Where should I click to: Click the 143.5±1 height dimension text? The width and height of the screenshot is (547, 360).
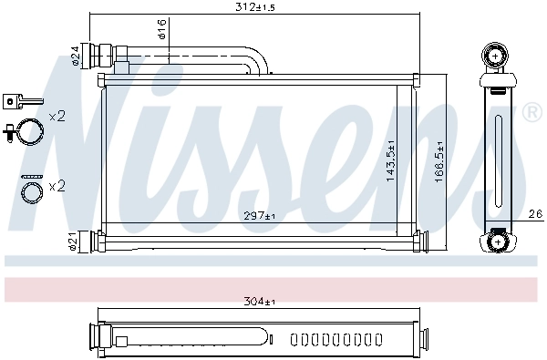390,161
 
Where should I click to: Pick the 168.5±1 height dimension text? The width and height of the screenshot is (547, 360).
439,161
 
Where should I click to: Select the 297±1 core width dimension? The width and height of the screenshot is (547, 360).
258,216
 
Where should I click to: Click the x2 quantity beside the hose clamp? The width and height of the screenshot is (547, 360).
57,116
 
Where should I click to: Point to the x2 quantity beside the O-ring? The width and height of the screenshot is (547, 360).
57,186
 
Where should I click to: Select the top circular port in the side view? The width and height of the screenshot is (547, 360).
495,57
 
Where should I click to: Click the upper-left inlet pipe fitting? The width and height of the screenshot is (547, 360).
98,55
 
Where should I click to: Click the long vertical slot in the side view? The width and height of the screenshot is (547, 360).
497,149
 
